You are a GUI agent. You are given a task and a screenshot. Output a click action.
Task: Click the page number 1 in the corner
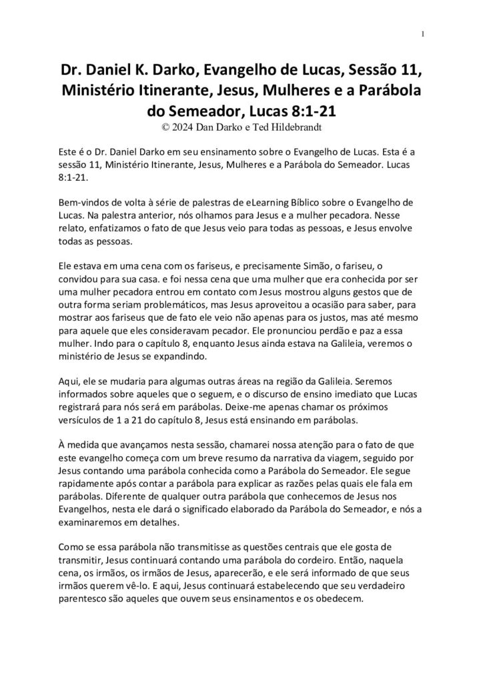tap(424, 34)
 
